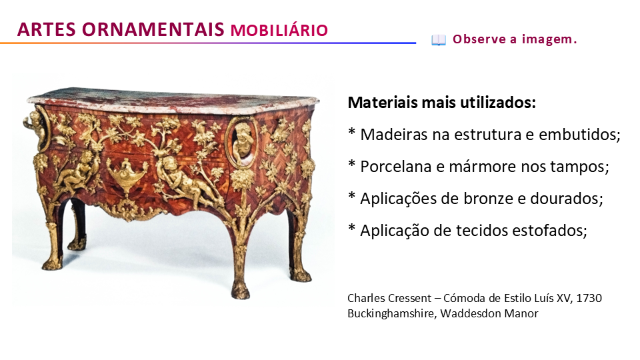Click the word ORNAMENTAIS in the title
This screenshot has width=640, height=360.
[x=153, y=29]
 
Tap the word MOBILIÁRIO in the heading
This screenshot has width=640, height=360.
[x=279, y=31]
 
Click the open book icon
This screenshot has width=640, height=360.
[x=439, y=40]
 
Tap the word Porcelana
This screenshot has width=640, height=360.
[x=395, y=167]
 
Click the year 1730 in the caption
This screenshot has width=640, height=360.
[x=589, y=298]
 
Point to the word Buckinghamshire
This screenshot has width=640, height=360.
[x=392, y=313]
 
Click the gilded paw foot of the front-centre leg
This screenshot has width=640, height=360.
[x=240, y=290]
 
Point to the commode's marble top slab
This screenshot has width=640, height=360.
[x=173, y=101]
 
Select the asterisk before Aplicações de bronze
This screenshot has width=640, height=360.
[x=352, y=196]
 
